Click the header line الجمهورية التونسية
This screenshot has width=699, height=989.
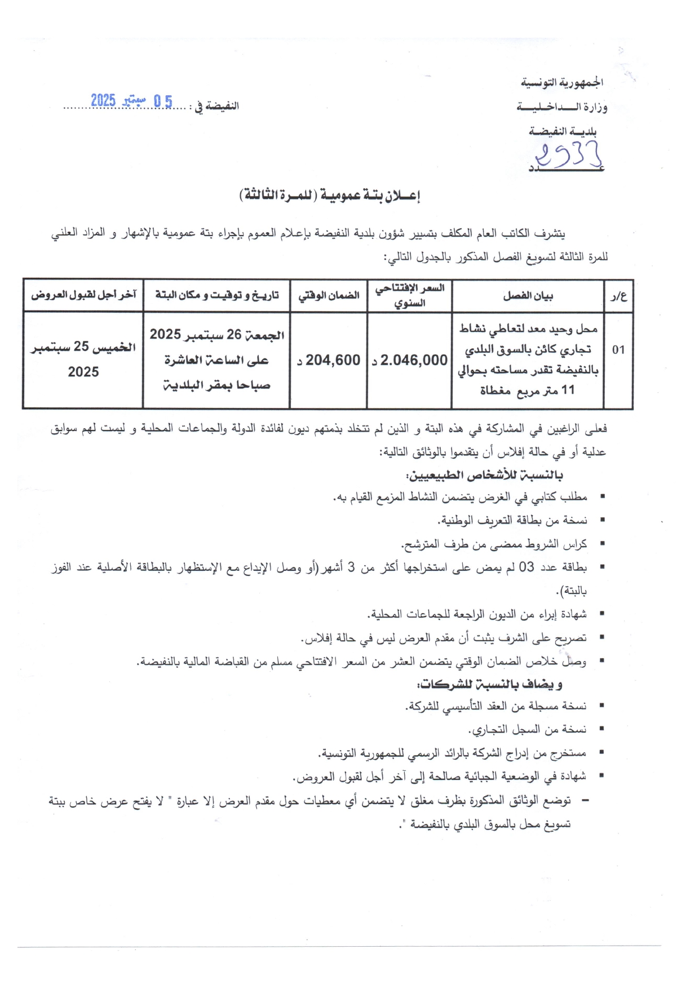[x=561, y=83]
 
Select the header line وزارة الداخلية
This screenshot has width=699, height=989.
[x=561, y=107]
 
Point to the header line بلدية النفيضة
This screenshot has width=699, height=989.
[x=562, y=131]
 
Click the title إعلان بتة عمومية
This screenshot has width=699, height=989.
[x=330, y=196]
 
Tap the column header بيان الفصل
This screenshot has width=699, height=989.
[x=528, y=296]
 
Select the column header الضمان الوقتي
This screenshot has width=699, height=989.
[x=329, y=295]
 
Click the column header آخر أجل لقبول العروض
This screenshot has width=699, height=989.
[x=83, y=295]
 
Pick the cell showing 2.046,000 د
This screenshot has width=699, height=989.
[x=410, y=360]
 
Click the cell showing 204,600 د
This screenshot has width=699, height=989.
[x=329, y=360]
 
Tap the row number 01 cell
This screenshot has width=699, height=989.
[x=618, y=350]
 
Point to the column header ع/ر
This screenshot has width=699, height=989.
[x=618, y=296]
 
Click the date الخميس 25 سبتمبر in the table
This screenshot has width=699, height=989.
[x=83, y=347]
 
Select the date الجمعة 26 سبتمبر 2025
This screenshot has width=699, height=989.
[x=217, y=335]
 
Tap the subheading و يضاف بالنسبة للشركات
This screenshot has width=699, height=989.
[x=489, y=684]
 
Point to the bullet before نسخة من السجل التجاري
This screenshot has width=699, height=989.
[x=602, y=729]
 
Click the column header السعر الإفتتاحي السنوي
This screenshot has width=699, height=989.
[x=410, y=295]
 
